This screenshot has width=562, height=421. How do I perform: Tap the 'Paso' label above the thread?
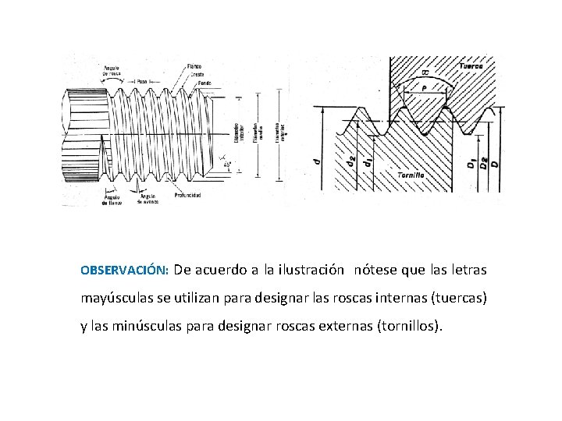coord(141,81)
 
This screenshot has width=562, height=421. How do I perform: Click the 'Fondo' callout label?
coord(205,83)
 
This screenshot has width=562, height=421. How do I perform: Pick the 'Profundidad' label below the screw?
coord(188,195)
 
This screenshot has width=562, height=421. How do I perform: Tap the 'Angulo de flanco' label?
coord(111,199)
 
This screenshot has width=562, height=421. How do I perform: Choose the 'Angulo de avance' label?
coord(147,199)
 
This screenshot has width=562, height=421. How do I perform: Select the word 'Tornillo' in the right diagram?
coord(410,175)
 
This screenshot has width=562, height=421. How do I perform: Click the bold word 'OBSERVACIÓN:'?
coord(125,271)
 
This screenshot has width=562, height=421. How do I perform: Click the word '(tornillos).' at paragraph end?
coord(410,327)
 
